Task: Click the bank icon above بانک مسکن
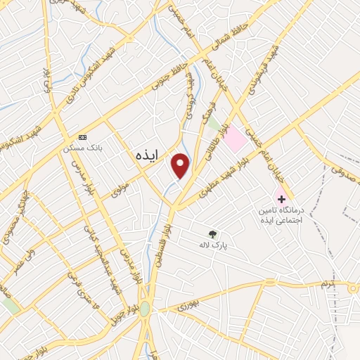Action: coord(83,136)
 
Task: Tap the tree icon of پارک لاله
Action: coord(213,234)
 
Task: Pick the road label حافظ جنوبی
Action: coord(169,79)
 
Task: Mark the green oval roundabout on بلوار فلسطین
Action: coord(144,309)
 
